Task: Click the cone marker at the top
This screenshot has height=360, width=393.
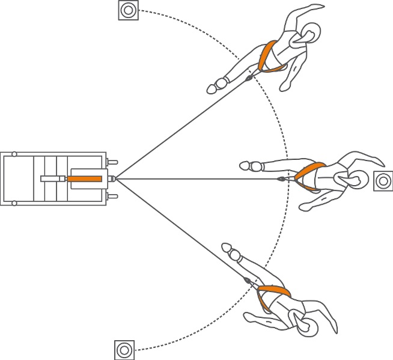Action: (x=127, y=10)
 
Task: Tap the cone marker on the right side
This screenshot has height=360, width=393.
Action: (x=383, y=180)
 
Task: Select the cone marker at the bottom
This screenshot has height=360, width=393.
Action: (x=124, y=349)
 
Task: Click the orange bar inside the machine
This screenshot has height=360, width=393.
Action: (x=85, y=178)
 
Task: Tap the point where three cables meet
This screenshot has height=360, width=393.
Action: (x=115, y=178)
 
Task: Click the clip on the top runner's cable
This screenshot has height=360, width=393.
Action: (x=248, y=78)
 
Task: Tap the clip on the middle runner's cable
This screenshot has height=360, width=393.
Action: (x=281, y=178)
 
